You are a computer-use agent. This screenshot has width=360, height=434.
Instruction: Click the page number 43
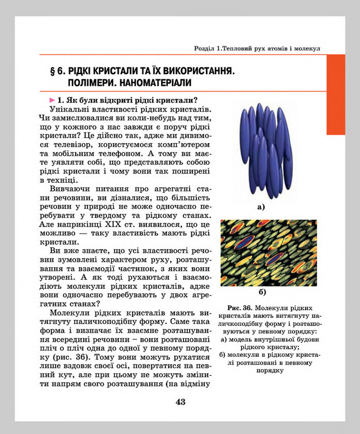(180, 402)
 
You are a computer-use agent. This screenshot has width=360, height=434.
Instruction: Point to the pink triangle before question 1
(52, 99)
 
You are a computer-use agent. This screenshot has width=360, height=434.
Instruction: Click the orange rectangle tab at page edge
(336, 95)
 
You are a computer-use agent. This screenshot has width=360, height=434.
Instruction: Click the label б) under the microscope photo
(262, 293)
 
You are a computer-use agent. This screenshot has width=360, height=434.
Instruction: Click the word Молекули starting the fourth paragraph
(72, 314)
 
